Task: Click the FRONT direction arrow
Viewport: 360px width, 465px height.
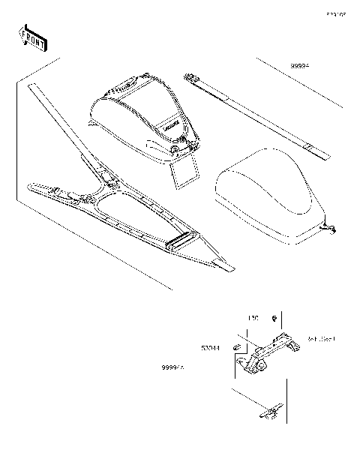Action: click(32, 37)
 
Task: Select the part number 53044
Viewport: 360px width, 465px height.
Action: click(210, 349)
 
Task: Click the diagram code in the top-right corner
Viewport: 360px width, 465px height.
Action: click(334, 13)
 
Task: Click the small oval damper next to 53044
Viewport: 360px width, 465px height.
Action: click(235, 347)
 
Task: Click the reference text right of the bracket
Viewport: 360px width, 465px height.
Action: click(321, 339)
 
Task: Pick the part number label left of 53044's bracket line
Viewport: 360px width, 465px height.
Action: click(173, 368)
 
